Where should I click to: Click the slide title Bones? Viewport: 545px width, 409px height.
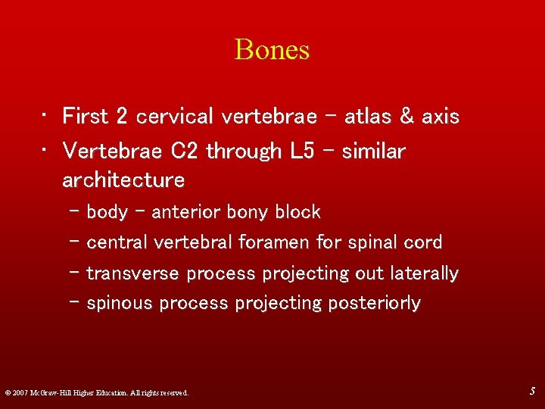coord(272,50)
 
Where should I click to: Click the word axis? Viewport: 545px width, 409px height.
coord(441,117)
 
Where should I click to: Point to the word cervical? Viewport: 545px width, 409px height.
coord(173,117)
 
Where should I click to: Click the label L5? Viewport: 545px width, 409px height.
coord(301,151)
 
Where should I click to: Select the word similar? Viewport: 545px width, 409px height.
coord(374,151)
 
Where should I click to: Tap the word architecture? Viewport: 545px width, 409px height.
coord(123,180)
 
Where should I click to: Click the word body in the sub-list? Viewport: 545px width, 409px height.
coord(107,213)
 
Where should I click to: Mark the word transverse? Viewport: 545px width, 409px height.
coord(133,273)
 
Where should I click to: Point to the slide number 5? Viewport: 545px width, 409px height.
coord(533,392)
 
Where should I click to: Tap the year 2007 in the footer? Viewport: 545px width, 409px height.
coord(20,392)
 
